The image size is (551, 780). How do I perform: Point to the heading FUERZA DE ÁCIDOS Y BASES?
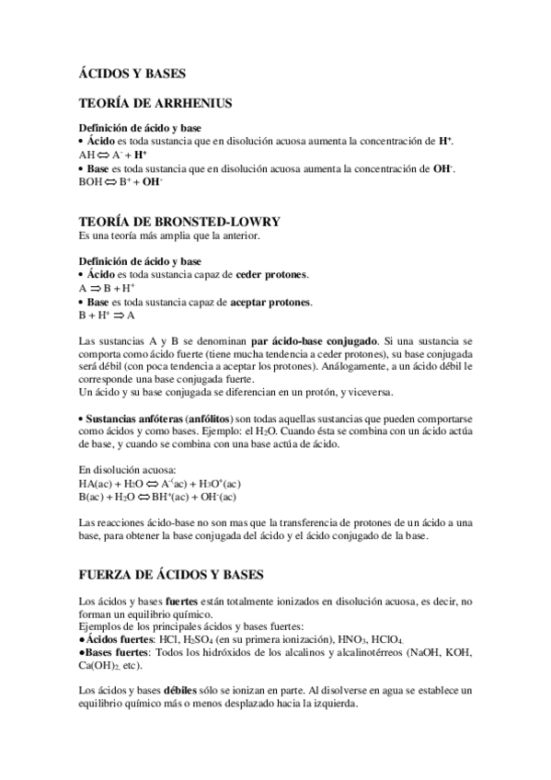click(x=171, y=575)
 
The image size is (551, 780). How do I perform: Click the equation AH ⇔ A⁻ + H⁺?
click(x=113, y=155)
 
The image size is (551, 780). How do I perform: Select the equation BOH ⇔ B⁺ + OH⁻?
click(x=121, y=182)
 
